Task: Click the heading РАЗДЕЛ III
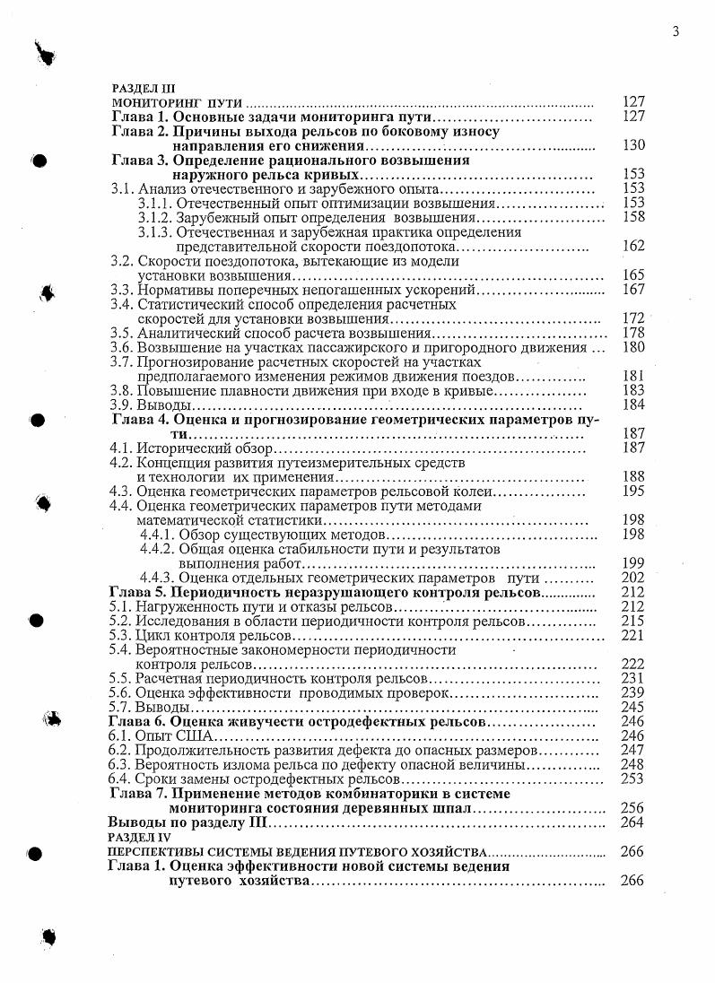click(138, 90)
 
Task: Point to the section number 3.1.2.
click(155, 218)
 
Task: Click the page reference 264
click(632, 822)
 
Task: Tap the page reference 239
click(633, 692)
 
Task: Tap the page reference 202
click(633, 578)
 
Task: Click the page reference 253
click(633, 779)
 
